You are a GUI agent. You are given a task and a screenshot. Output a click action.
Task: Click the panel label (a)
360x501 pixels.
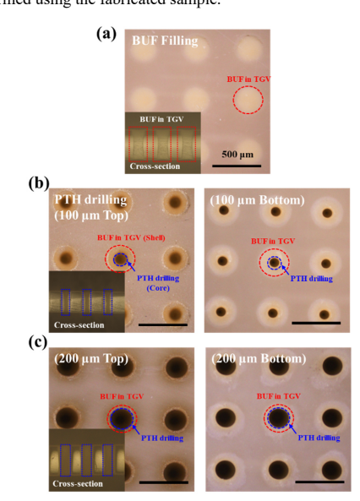coord(106,34)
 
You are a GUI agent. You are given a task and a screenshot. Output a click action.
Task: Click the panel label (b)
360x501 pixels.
coord(39,183)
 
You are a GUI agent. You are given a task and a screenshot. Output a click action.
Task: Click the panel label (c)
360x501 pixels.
coord(38,343)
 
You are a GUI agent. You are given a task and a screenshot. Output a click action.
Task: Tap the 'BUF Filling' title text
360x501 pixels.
coord(165,41)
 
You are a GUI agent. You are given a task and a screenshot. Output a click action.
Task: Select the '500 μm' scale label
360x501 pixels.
coord(237,155)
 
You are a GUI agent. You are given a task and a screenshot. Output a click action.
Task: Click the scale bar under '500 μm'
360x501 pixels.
coord(237,166)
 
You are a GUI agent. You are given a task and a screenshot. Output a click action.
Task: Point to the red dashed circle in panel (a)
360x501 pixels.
coord(248,99)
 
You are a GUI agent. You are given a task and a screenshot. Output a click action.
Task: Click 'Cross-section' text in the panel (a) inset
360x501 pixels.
coord(155,166)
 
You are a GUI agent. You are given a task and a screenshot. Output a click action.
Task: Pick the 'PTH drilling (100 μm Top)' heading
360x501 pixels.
coord(91,208)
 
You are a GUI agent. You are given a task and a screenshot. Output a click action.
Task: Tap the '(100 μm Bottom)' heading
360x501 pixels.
coord(257,200)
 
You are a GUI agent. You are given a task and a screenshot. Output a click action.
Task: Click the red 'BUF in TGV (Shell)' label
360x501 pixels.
coord(131,237)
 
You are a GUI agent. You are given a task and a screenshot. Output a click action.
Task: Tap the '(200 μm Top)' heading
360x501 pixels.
coord(91,359)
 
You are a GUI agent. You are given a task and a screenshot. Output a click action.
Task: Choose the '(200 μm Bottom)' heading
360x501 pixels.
coord(259,359)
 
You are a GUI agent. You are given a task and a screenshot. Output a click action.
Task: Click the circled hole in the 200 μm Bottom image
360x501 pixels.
coord(279,418)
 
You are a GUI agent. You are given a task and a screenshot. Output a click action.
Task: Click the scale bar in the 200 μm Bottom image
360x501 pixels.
coord(319,482)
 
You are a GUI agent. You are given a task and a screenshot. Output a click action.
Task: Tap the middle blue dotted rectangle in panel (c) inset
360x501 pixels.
coord(86,460)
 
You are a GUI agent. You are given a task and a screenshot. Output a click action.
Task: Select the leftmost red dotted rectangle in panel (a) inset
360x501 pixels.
coord(138,144)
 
